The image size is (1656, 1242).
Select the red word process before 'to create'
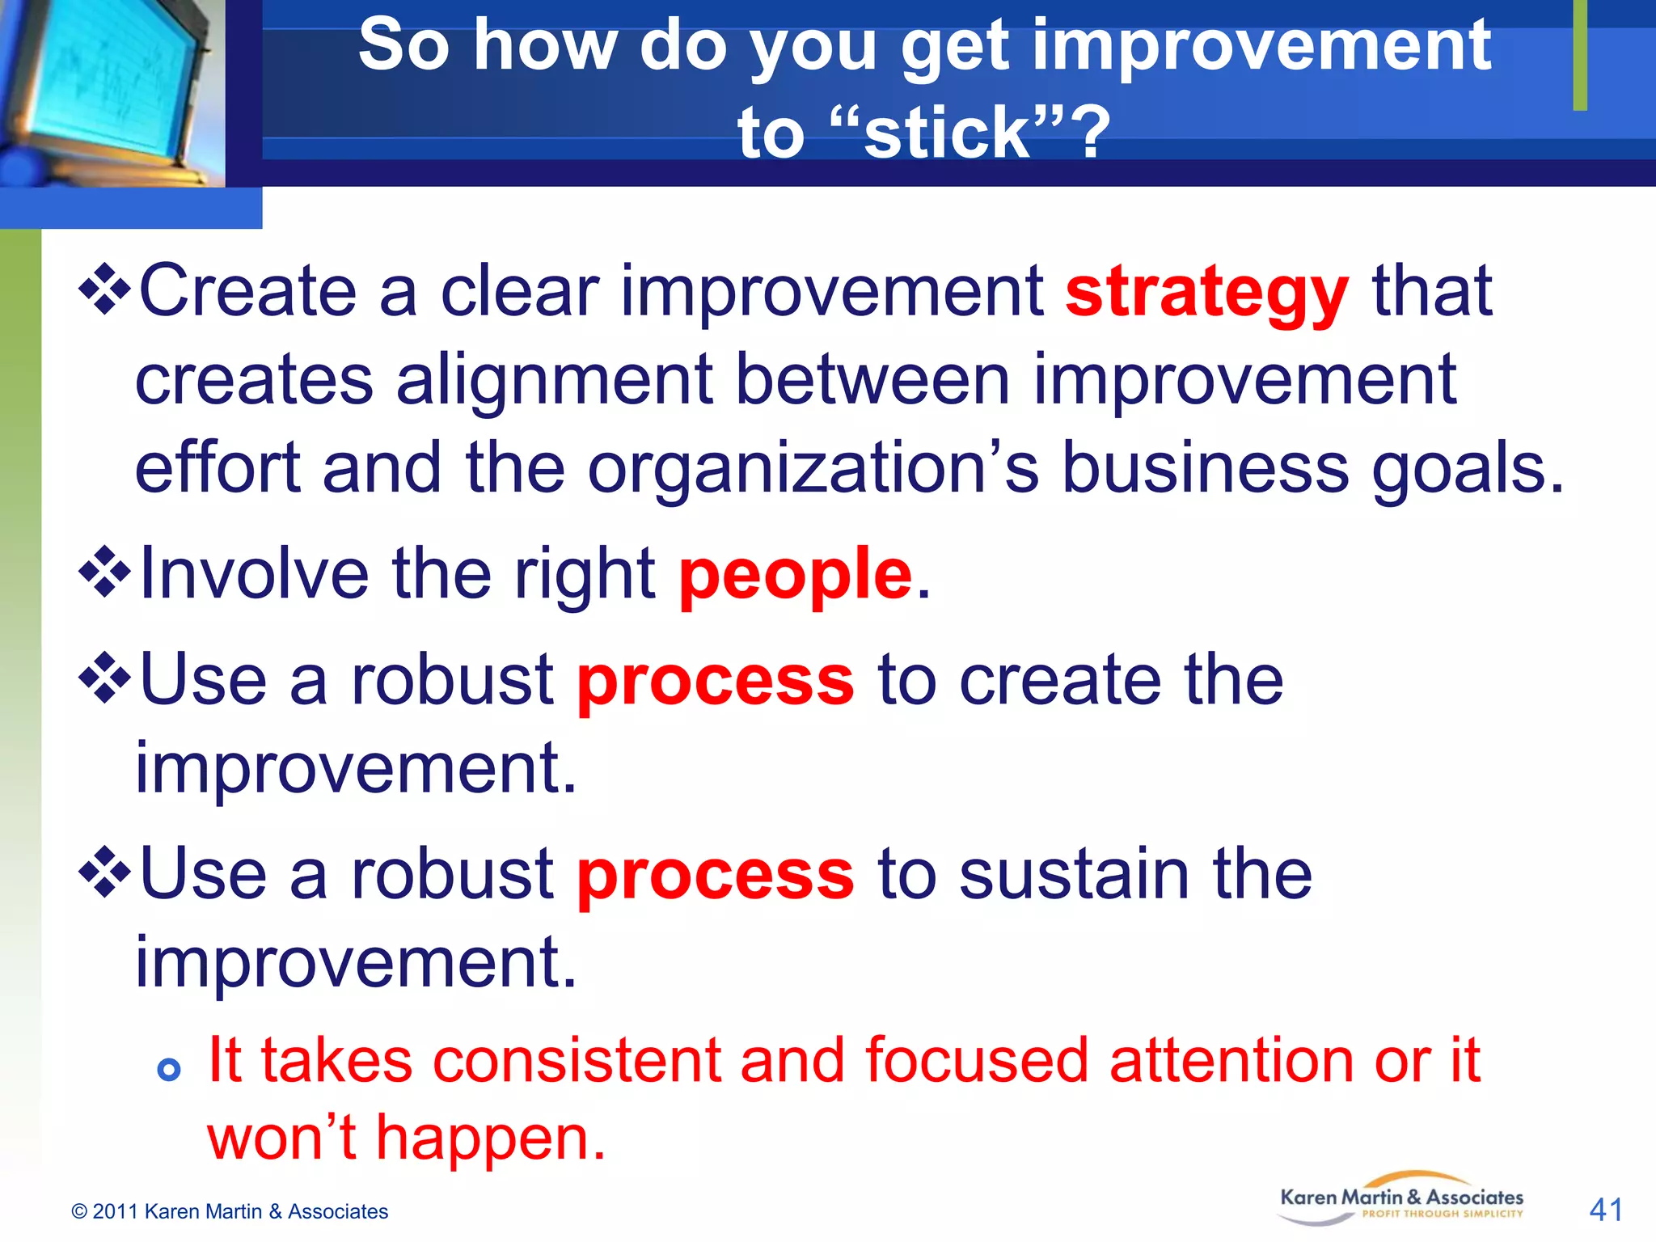(x=715, y=681)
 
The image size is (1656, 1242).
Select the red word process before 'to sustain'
(x=715, y=875)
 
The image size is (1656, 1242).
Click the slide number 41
(x=1606, y=1210)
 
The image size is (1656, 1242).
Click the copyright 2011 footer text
(x=230, y=1211)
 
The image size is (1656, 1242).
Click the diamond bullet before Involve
(x=104, y=572)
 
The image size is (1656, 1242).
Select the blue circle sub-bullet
(x=168, y=1070)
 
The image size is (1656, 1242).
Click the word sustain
(x=1074, y=875)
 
